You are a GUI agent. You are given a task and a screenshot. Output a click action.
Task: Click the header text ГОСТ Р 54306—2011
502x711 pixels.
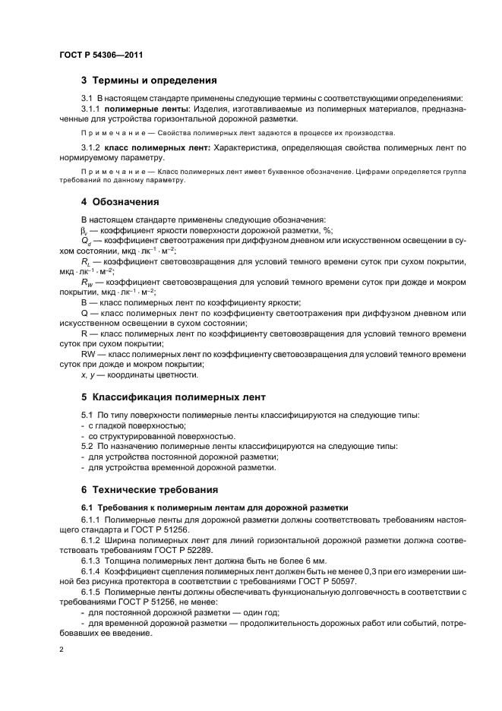pyautogui.click(x=100, y=55)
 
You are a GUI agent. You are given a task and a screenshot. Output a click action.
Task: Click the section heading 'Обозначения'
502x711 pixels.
pyautogui.click(x=125, y=202)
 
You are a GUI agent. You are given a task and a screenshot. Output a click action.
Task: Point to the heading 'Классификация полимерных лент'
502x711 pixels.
pyautogui.click(x=178, y=397)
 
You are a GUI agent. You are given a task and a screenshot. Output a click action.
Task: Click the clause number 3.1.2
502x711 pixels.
pyautogui.click(x=93, y=146)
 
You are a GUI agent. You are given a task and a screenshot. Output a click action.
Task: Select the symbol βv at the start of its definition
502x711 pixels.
pyautogui.click(x=84, y=231)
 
